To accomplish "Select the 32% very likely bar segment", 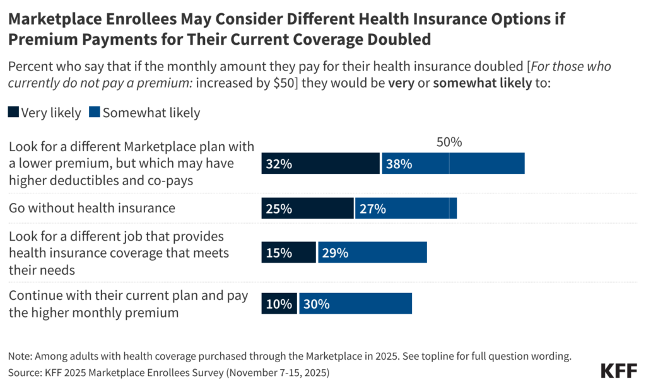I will click(320, 163).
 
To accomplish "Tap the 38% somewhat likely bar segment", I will click(453, 163).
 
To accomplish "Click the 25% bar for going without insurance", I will click(307, 208).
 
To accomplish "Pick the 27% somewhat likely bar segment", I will click(406, 208).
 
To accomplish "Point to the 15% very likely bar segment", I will click(288, 253).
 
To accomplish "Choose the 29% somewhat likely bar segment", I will click(372, 253).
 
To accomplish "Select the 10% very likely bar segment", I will click(279, 303).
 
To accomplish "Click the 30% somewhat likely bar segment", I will click(355, 303).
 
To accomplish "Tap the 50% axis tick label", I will click(449, 142).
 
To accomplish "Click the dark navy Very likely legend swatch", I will click(13, 113).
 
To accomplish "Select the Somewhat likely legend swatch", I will click(95, 113).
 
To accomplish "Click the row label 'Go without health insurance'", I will click(91, 208).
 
